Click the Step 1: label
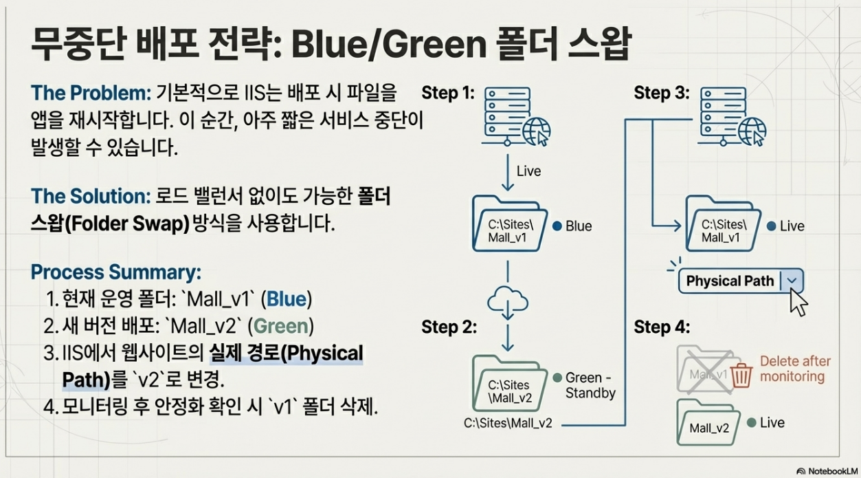(448, 93)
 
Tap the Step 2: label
(448, 327)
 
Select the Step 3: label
(661, 93)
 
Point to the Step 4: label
(661, 327)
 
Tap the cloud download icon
(507, 301)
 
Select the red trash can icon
(741, 376)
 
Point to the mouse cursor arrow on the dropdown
(797, 301)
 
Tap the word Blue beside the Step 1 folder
(579, 226)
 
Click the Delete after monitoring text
(794, 369)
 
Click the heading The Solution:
(90, 196)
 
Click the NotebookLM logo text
(827, 471)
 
